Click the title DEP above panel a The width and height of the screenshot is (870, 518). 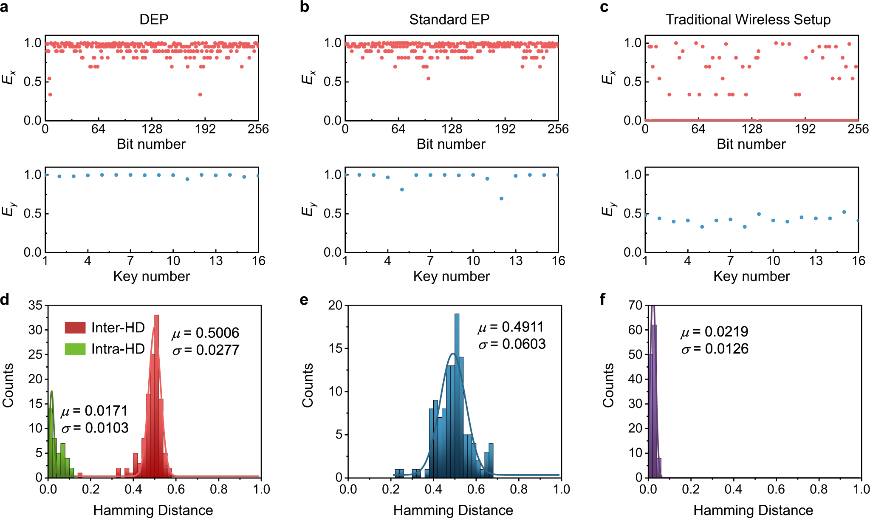[154, 20]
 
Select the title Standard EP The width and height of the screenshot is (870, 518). [449, 20]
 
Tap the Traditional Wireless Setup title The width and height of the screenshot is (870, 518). [748, 20]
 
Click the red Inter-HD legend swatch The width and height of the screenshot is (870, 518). [75, 328]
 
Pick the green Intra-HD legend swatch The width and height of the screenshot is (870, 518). [75, 349]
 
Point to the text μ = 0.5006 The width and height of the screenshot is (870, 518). [205, 333]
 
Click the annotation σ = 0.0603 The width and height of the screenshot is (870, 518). [511, 344]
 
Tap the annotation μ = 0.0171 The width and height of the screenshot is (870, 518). [94, 411]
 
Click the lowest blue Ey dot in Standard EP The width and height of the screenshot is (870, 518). [501, 198]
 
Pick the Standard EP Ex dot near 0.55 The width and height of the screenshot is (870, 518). [428, 79]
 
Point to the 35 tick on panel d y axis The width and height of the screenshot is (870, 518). [35, 305]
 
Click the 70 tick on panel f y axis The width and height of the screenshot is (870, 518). [635, 305]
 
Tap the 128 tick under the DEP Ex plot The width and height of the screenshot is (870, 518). [152, 129]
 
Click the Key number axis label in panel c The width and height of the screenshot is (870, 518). [751, 276]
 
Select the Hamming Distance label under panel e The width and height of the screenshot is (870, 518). [453, 510]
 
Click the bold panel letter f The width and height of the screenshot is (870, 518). [603, 300]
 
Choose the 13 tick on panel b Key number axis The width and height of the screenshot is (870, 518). [515, 261]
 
